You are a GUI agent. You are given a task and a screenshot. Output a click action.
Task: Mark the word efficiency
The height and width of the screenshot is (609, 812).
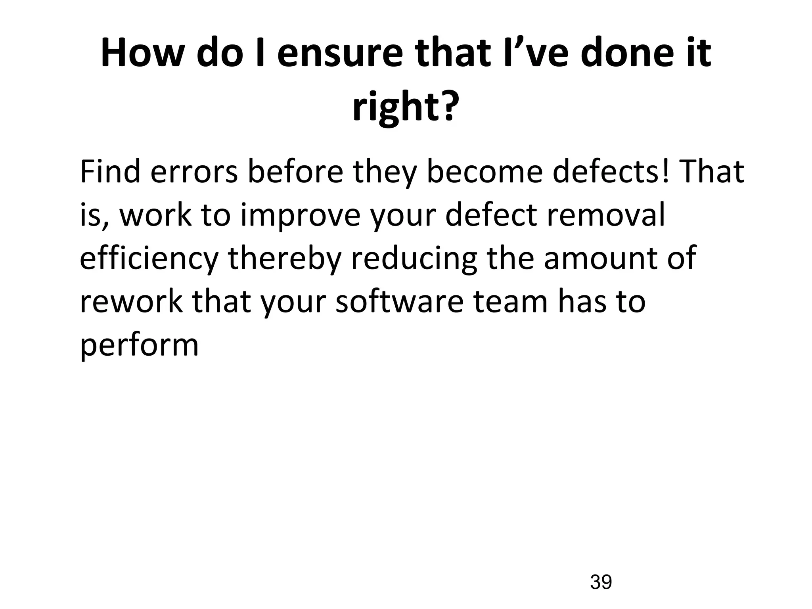click(149, 259)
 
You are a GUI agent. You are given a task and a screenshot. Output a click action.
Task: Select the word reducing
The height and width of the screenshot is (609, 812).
click(414, 259)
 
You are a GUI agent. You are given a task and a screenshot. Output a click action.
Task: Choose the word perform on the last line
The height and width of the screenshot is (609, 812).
click(139, 345)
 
